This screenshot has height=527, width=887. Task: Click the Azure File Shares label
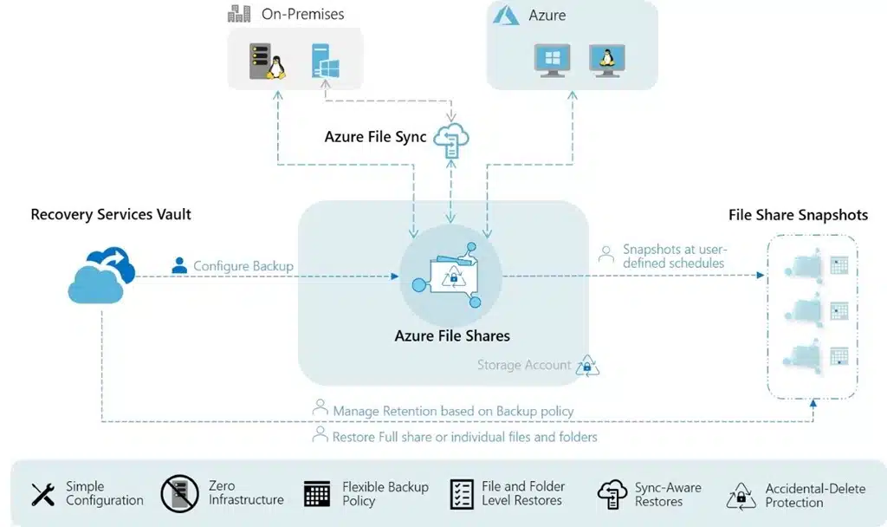click(452, 335)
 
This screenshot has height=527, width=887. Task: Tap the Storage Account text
click(524, 365)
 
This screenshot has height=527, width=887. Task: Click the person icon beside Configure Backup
click(179, 265)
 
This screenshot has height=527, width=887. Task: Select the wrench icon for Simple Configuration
click(43, 494)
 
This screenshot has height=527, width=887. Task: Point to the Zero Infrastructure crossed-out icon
click(179, 493)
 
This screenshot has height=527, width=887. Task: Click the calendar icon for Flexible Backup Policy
click(317, 494)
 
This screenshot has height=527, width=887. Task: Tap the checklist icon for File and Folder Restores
click(462, 494)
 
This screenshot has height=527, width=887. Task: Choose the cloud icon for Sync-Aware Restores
click(612, 494)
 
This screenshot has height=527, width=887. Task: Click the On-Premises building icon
click(239, 14)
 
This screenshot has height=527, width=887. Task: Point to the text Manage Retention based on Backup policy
click(453, 411)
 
